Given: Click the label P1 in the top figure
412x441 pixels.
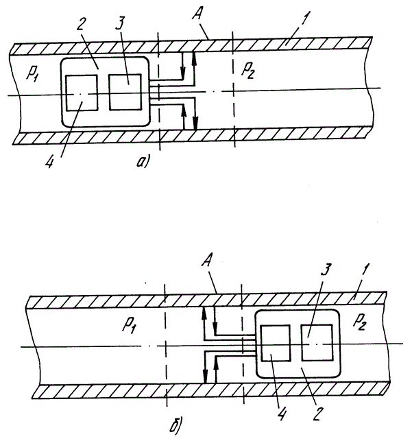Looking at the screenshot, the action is coord(32,73).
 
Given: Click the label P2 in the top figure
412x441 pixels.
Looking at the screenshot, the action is coord(248,70).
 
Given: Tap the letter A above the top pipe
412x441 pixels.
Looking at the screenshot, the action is coord(197,14).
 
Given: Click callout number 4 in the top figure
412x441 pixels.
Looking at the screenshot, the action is coord(50,162).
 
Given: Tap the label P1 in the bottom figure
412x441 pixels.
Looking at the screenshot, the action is coord(129,326).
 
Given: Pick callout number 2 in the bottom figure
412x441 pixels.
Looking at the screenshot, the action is coord(317,414).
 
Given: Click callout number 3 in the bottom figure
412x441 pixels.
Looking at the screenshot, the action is coord(327,270).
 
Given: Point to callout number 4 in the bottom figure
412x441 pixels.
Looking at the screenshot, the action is coord(282,414).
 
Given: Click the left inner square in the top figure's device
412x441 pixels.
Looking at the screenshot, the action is coord(82,93).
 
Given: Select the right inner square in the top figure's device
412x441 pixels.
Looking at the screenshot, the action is coord(125,92).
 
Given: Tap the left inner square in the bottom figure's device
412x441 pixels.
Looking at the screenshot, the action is coord(276,343).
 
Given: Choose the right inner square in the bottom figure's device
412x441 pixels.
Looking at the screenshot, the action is coord(317,342).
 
